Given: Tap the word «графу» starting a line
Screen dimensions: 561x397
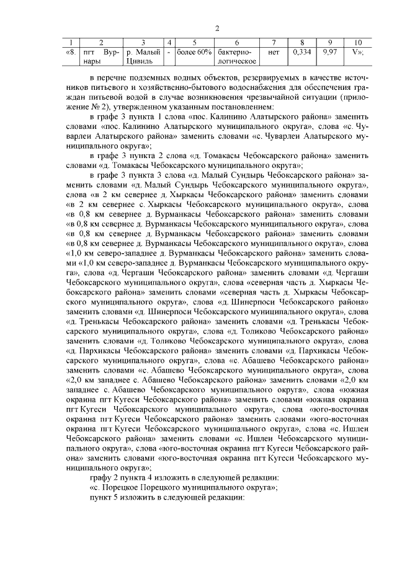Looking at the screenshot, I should (102, 478).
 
